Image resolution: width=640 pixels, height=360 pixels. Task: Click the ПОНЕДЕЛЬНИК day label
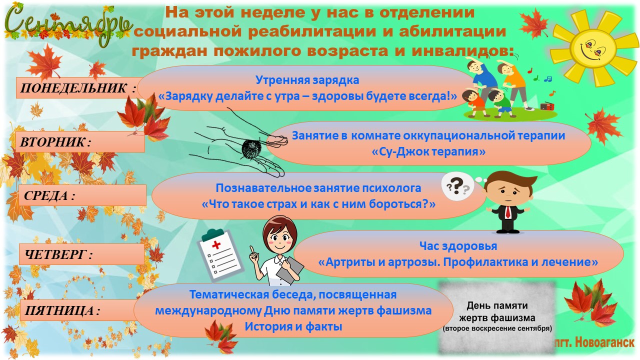(x=77, y=88)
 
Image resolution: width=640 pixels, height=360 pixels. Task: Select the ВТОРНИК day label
(x=55, y=142)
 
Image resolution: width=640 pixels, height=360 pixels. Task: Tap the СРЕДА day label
(x=49, y=195)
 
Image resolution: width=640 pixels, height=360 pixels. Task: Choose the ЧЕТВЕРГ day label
(x=58, y=254)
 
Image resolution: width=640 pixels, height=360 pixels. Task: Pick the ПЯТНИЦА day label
(x=62, y=310)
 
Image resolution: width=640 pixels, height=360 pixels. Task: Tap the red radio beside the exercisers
(x=547, y=106)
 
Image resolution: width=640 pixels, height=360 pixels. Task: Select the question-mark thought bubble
(x=457, y=186)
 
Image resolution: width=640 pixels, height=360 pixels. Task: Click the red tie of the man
(x=508, y=211)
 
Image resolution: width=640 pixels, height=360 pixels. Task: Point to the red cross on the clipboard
(x=216, y=245)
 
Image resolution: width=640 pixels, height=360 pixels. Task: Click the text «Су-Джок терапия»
(x=428, y=151)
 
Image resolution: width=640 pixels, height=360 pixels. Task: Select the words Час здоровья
(x=458, y=246)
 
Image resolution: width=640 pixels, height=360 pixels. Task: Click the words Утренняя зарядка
(x=307, y=80)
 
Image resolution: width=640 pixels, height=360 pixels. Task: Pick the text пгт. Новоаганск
(x=593, y=342)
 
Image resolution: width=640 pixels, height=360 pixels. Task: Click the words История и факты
(x=293, y=326)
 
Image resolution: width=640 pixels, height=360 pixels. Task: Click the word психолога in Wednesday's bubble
(x=391, y=188)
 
